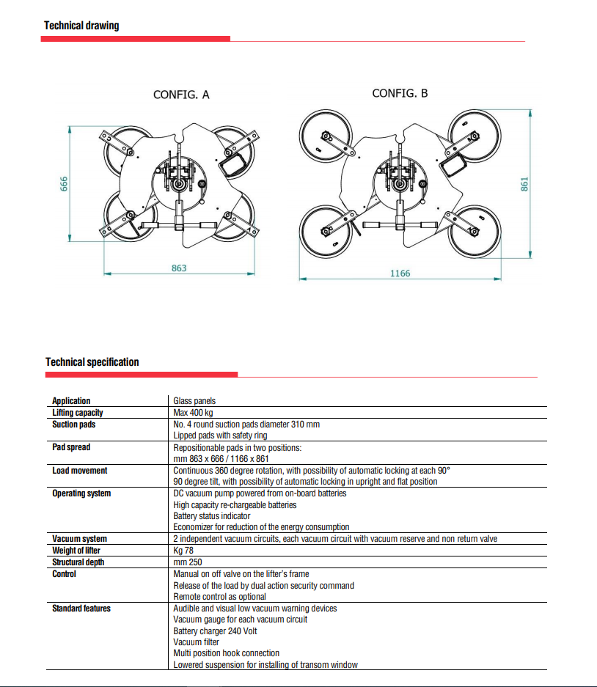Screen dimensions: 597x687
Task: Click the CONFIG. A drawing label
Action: pyautogui.click(x=181, y=95)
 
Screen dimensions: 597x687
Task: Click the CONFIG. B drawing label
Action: pyautogui.click(x=400, y=93)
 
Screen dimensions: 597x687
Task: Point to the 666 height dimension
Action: pyautogui.click(x=64, y=183)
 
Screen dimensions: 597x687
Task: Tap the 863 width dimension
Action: pyautogui.click(x=179, y=268)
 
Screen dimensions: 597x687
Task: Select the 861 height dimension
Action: pyautogui.click(x=524, y=184)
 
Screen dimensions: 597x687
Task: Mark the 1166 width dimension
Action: pyautogui.click(x=400, y=273)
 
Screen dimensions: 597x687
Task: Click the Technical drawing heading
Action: pyautogui.click(x=81, y=26)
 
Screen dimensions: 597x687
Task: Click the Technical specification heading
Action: pyautogui.click(x=92, y=362)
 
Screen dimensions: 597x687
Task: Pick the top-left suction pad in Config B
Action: pyautogui.click(x=326, y=135)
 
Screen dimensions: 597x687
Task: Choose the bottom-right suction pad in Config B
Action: pyautogui.click(x=475, y=232)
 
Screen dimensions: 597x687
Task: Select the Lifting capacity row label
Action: pyautogui.click(x=78, y=413)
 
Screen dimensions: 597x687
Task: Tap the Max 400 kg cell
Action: pyautogui.click(x=193, y=413)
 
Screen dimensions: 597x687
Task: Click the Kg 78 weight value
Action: pyautogui.click(x=183, y=551)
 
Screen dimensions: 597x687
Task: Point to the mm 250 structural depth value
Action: pyautogui.click(x=188, y=562)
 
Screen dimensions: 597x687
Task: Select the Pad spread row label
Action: pyautogui.click(x=71, y=447)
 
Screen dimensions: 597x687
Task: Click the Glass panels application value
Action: pyautogui.click(x=194, y=401)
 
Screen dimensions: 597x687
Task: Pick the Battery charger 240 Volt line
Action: pyautogui.click(x=215, y=631)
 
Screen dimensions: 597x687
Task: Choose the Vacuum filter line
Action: pyautogui.click(x=196, y=642)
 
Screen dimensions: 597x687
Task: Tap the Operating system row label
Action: pyautogui.click(x=81, y=493)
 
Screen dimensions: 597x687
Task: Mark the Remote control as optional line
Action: pyautogui.click(x=219, y=597)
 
